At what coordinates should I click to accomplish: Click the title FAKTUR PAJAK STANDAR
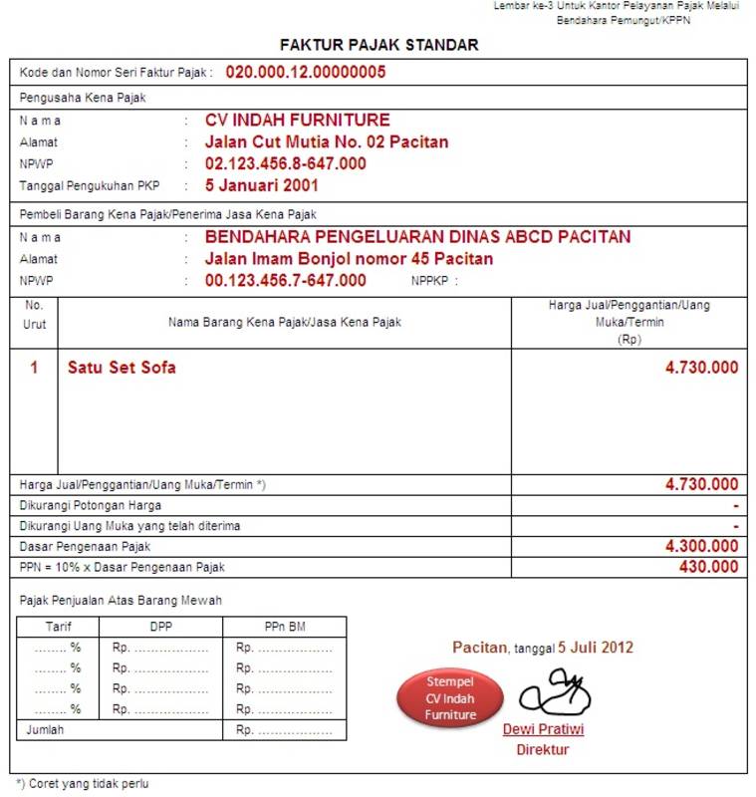point(378,45)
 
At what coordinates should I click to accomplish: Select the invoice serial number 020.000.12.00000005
point(306,72)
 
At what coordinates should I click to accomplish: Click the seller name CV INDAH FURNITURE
point(298,121)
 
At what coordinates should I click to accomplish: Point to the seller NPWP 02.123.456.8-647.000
point(285,163)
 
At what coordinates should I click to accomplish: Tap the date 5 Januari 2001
point(262,185)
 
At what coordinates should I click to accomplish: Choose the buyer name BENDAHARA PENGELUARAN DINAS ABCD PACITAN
point(417,237)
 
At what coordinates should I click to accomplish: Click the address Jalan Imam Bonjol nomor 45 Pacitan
point(349,259)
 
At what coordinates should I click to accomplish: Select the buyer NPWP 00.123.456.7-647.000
point(285,281)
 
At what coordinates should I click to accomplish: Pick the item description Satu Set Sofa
point(122,368)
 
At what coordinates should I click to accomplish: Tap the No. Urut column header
point(34,315)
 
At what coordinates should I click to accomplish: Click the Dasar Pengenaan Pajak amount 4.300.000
point(702,547)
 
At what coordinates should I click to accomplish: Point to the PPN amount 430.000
point(708,567)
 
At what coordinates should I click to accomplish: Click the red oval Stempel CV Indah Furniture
point(451,698)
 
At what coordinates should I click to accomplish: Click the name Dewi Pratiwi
point(543,729)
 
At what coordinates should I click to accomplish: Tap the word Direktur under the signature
point(542,750)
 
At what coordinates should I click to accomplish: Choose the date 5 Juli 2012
point(596,648)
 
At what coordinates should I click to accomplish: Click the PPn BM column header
point(284,628)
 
